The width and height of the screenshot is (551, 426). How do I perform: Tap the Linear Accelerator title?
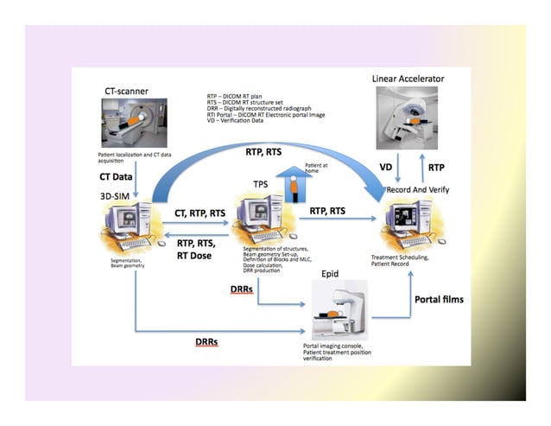pyautogui.click(x=408, y=79)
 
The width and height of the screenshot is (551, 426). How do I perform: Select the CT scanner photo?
pyautogui.click(x=135, y=121)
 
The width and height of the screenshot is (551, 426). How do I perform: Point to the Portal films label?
pyautogui.click(x=439, y=300)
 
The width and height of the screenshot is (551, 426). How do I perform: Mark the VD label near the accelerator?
pyautogui.click(x=388, y=166)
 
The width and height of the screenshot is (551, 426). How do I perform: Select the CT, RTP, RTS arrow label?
pyautogui.click(x=200, y=213)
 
